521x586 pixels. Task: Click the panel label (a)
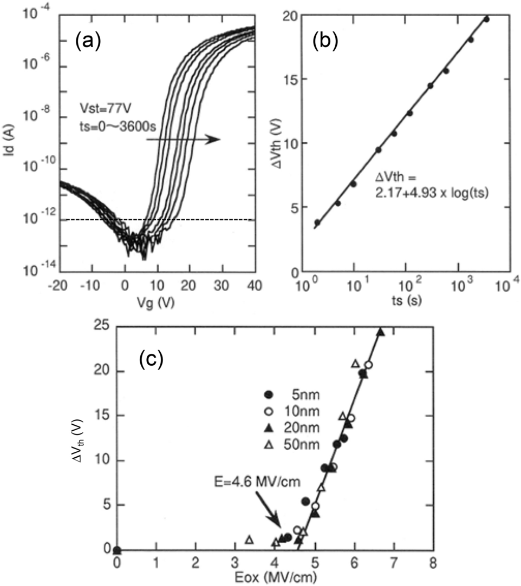[x=88, y=41]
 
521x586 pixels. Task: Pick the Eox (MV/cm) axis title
[x=275, y=579]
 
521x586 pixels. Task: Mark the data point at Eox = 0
[x=117, y=550]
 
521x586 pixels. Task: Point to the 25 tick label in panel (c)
[x=101, y=326]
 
